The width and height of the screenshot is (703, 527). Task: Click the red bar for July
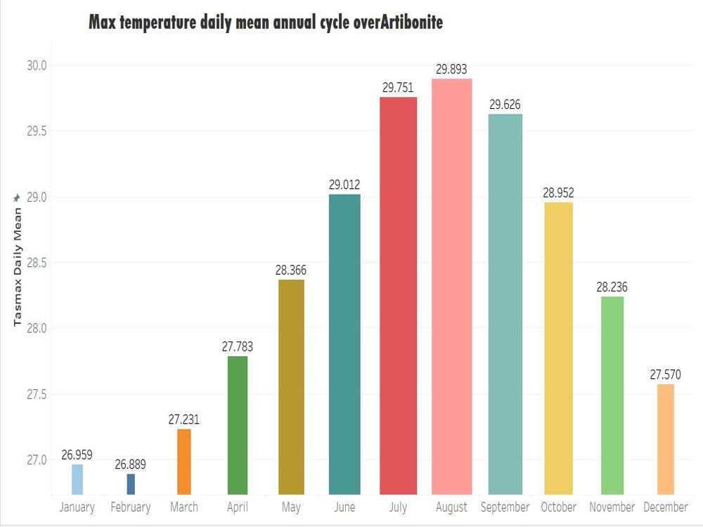pos(398,296)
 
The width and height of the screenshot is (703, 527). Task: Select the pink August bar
pos(452,287)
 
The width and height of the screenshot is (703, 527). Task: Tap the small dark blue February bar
pos(131,484)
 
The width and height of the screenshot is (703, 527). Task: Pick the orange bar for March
pos(183,462)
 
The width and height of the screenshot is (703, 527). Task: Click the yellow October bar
pos(559,349)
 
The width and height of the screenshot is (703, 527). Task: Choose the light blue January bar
pos(77,479)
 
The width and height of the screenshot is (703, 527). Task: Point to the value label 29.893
pos(451,69)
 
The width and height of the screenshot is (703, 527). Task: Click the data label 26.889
pos(131,464)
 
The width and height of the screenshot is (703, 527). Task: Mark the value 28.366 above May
pos(291,271)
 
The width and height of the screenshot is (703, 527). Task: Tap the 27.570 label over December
pos(665,375)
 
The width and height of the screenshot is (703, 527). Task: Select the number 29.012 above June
pos(344,185)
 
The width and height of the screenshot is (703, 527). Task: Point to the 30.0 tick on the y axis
pos(37,65)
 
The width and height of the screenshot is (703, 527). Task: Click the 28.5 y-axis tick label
pos(37,263)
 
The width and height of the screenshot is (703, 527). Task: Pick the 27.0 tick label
pos(37,460)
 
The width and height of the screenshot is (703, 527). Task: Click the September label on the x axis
pos(505,507)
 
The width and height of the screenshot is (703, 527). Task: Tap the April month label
pos(237,507)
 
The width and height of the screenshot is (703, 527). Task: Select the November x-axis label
pos(612,507)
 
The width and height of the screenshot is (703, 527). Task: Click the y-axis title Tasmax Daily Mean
pos(18,266)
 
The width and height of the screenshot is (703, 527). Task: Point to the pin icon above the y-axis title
pos(17,197)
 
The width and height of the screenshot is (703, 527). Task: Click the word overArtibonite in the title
pos(398,22)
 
